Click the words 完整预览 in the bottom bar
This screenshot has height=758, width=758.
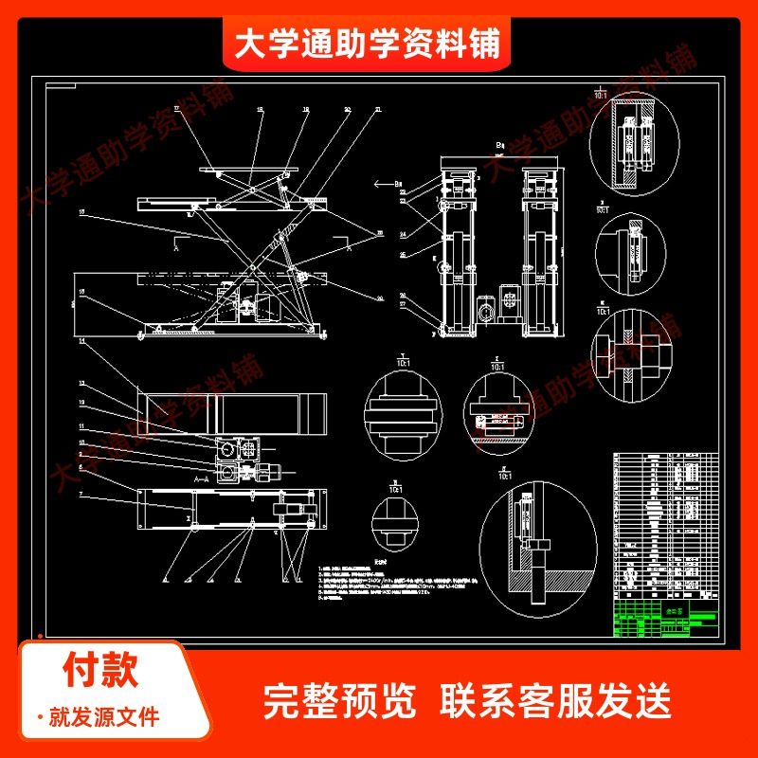pyautogui.click(x=338, y=702)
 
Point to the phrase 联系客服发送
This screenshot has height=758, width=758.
pyautogui.click(x=556, y=702)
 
